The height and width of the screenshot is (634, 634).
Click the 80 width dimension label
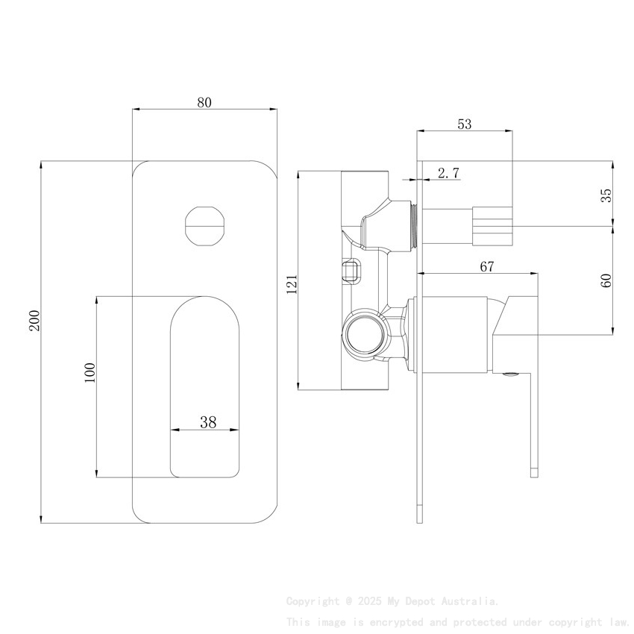tap(204, 103)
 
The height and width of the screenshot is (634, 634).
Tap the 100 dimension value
tap(90, 371)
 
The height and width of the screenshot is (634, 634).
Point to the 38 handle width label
tap(208, 422)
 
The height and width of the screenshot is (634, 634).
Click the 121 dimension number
tap(292, 283)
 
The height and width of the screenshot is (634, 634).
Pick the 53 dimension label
tap(464, 125)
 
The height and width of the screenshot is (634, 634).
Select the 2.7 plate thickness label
tap(448, 173)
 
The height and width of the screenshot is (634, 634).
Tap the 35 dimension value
tap(606, 195)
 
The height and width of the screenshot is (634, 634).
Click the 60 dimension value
tap(606, 280)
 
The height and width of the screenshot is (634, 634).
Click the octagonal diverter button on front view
tap(204, 225)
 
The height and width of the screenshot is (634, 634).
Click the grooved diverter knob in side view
tap(492, 225)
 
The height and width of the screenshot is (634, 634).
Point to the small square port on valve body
tap(351, 269)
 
